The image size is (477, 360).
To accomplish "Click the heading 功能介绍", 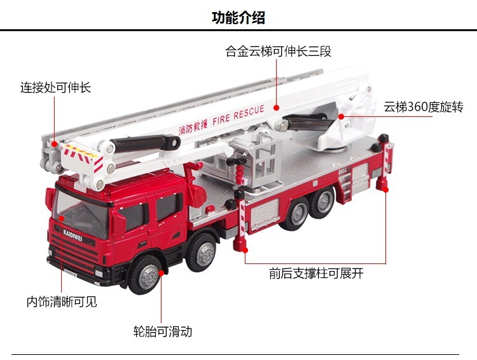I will coord(238,18).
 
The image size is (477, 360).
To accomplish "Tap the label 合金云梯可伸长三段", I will coord(279,52).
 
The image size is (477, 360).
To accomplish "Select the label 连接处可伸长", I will coord(55,87).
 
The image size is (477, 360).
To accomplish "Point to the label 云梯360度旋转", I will coord(424,106).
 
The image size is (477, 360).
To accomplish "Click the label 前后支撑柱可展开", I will coord(316,274).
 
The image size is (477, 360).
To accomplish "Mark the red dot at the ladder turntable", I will coord(341,116).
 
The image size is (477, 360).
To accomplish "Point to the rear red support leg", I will coord(384,181).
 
